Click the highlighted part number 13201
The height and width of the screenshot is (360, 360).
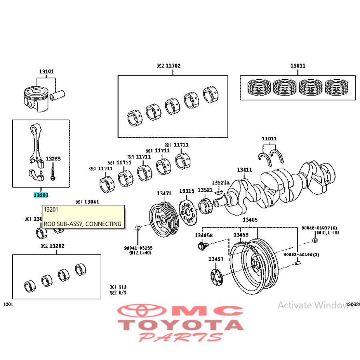(x=40, y=195)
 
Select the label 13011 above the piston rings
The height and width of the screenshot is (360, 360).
(x=298, y=66)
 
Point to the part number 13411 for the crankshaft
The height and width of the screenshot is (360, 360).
(x=244, y=170)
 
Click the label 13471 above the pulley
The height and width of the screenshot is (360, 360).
(x=164, y=193)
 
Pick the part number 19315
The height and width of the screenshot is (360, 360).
(x=186, y=191)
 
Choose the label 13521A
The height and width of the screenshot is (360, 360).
(x=220, y=182)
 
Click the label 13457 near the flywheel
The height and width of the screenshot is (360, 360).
(x=216, y=259)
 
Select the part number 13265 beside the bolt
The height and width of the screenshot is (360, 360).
(x=53, y=159)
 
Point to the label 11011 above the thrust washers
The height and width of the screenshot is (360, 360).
(x=269, y=139)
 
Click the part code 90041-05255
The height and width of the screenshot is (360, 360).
(x=138, y=248)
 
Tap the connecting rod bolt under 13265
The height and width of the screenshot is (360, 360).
(x=52, y=173)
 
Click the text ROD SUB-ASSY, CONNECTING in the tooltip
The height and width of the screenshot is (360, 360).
(x=82, y=224)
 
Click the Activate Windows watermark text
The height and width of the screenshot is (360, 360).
(x=315, y=305)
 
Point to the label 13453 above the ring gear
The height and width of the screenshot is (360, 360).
(x=241, y=235)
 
